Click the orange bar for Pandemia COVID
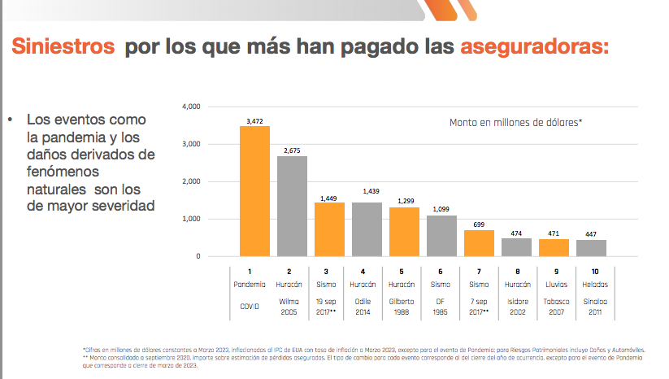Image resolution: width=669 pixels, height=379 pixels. (254, 191)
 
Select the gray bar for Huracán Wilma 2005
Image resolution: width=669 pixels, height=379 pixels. (292, 206)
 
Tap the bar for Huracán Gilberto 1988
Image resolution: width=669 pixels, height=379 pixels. (405, 232)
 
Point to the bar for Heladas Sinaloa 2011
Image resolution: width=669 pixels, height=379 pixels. (592, 248)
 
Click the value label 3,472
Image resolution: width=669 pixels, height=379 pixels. (254, 120)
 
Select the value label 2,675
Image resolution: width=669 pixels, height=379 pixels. (292, 150)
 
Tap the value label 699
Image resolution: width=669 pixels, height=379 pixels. (480, 224)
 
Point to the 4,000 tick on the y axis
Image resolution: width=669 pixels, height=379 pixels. (191, 107)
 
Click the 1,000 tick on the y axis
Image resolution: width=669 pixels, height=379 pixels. (191, 219)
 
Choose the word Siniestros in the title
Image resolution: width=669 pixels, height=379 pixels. (63, 46)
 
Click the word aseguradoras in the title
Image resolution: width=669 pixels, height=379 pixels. (533, 46)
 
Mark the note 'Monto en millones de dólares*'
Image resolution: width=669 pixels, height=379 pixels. (516, 122)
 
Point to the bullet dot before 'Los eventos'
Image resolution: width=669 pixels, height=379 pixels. (11, 120)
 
